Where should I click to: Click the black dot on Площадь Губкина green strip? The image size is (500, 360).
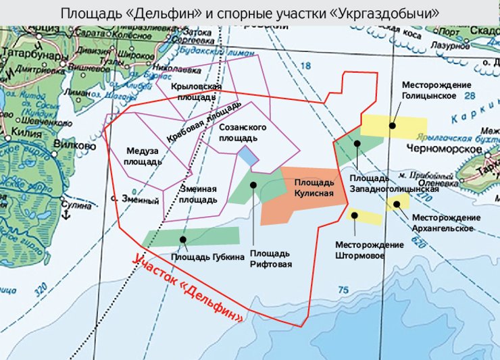click(183, 238)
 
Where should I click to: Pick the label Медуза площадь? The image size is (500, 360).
click(143, 157)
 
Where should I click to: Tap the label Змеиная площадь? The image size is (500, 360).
click(198, 195)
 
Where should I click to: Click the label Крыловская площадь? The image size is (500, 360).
click(196, 93)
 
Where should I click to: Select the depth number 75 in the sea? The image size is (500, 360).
click(343, 290)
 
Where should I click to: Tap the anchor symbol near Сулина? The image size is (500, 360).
click(66, 215)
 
